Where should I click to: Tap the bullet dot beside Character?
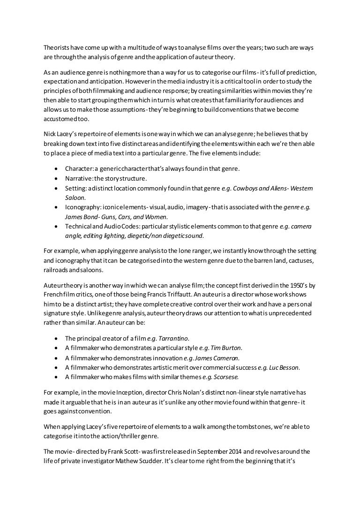(56, 168)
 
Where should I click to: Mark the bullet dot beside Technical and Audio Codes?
(56, 226)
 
